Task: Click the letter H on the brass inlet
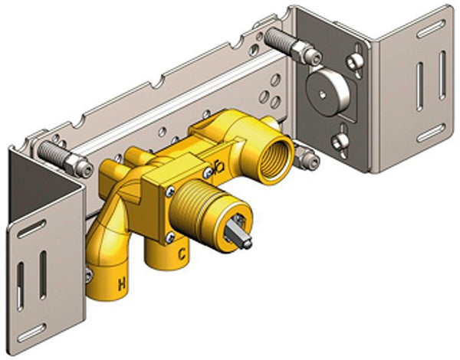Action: pyautogui.click(x=122, y=284)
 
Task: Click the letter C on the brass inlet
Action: pyautogui.click(x=182, y=254)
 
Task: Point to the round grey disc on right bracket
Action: pyautogui.click(x=327, y=91)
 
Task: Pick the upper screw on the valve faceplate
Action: pyautogui.click(x=170, y=192)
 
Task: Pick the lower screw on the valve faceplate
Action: pyautogui.click(x=170, y=237)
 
